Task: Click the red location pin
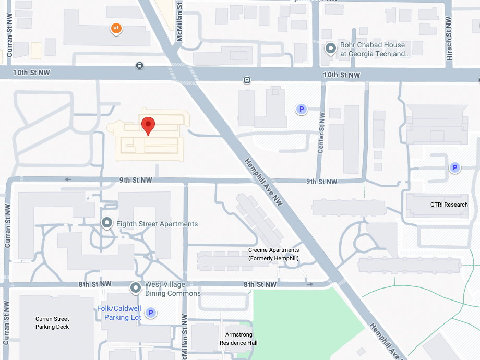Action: click(x=149, y=125)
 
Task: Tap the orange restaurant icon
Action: click(x=116, y=28)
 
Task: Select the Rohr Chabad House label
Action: click(x=373, y=50)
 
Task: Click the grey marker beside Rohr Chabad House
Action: click(x=330, y=49)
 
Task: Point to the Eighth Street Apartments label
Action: click(x=157, y=224)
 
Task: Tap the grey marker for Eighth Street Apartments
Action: click(x=107, y=223)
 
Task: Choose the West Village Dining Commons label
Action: click(x=173, y=289)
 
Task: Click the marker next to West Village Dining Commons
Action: click(x=136, y=287)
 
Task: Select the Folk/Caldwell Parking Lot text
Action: click(x=119, y=313)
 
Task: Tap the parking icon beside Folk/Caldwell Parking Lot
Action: click(x=150, y=313)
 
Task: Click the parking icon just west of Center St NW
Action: click(x=301, y=109)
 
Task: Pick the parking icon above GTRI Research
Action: click(x=455, y=167)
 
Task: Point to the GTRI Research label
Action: click(x=449, y=205)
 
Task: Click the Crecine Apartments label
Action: click(x=273, y=254)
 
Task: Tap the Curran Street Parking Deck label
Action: click(x=52, y=322)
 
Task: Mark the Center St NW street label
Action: click(x=321, y=133)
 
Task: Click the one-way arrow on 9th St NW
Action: click(x=68, y=179)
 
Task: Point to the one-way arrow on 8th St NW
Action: click(x=310, y=284)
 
